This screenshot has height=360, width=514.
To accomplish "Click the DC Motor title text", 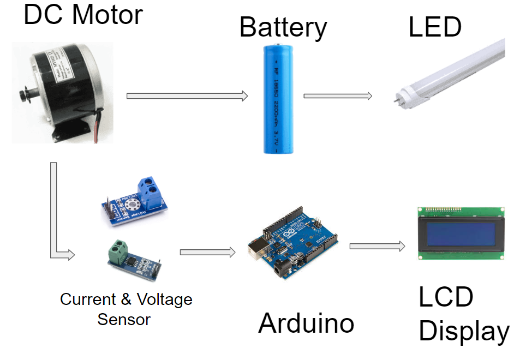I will [83, 15].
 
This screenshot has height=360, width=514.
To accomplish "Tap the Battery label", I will [283, 27].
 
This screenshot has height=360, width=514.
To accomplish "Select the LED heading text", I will [435, 27].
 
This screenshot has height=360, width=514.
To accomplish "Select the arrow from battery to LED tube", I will [337, 96].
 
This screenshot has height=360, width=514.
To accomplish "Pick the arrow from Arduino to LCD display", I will [377, 246].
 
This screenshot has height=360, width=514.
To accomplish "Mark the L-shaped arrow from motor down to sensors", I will [55, 218].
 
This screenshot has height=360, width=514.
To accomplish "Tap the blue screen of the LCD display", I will [460, 233].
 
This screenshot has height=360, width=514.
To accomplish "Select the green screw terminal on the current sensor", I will [118, 252].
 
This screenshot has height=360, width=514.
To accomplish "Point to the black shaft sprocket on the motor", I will [22, 95].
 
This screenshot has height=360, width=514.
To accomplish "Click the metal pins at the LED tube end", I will [397, 100].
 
